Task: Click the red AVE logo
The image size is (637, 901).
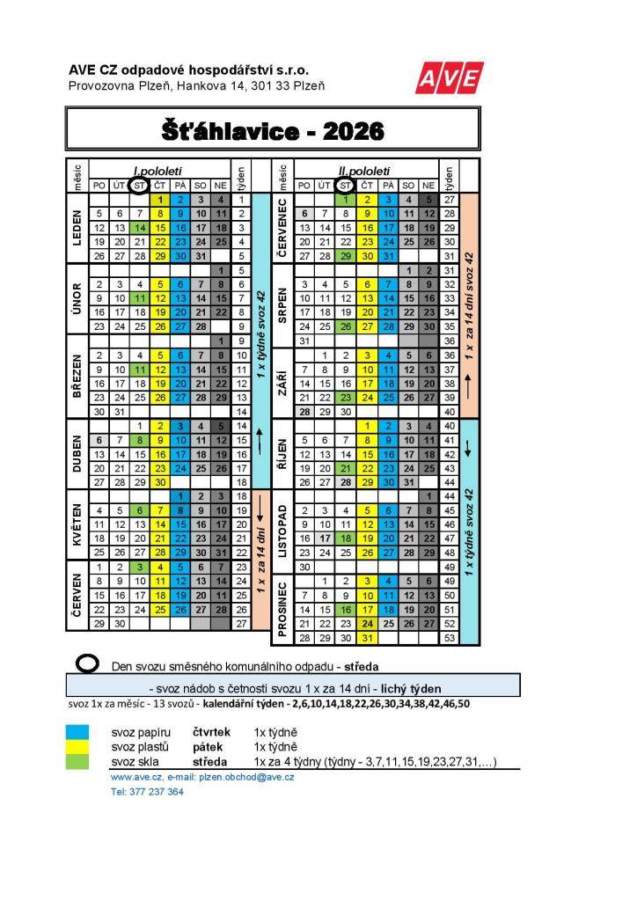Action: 450,77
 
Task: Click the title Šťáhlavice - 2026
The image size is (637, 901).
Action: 273,131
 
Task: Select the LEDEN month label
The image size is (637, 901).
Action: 77,228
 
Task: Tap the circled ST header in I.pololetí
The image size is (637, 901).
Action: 138,185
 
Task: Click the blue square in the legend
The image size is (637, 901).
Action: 77,731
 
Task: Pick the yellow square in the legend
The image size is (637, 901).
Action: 77,746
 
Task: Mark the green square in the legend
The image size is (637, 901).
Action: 77,761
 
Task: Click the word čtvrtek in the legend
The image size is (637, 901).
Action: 212,731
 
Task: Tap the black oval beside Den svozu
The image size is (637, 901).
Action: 88,665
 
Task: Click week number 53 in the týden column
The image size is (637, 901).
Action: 450,638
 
